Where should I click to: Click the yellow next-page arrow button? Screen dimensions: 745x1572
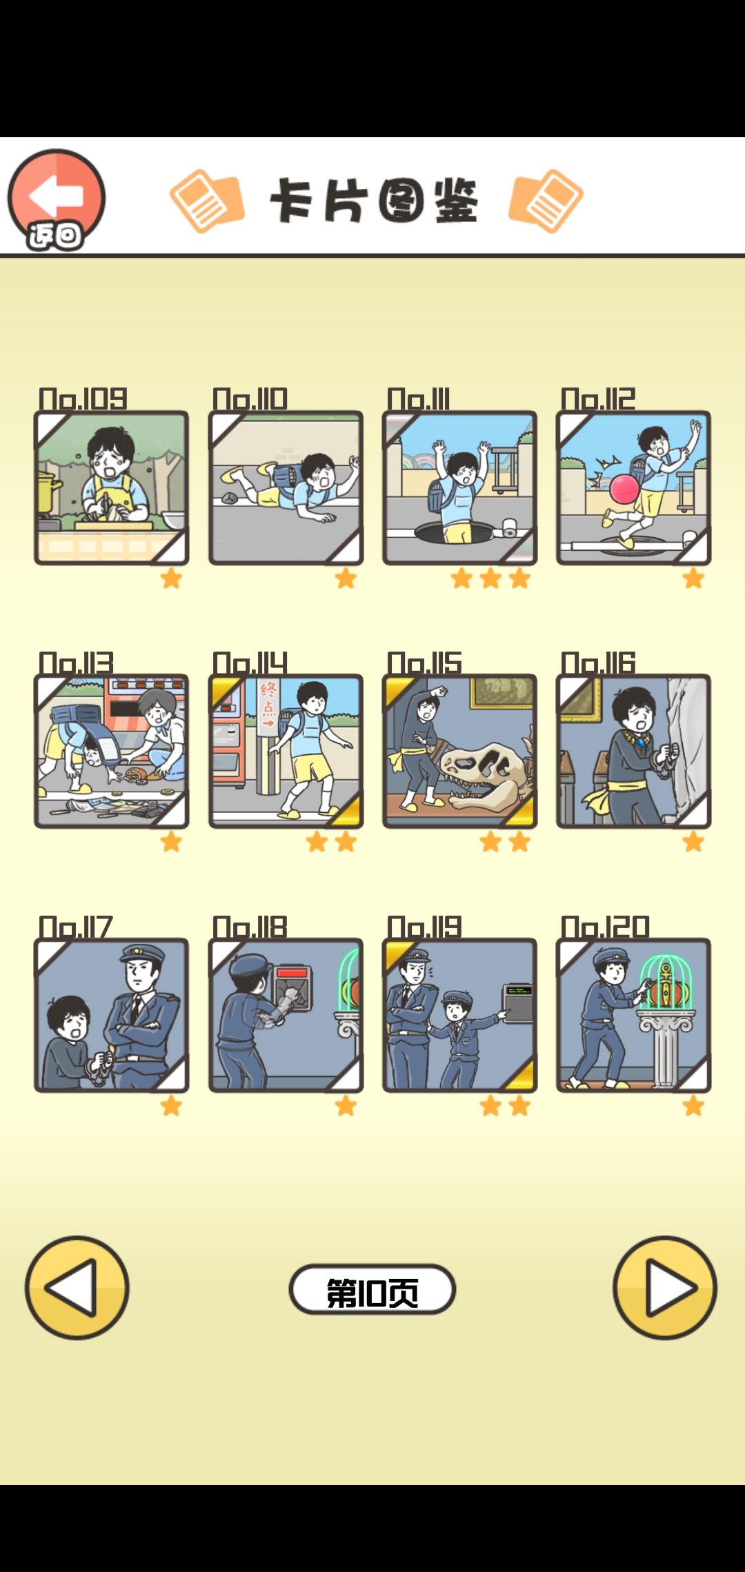coord(665,1288)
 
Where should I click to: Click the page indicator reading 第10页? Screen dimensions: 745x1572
coord(372,1289)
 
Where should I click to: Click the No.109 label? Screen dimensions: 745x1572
coord(83,399)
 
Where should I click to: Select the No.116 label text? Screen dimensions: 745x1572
coord(598,663)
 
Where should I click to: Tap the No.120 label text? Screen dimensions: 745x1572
coord(605,927)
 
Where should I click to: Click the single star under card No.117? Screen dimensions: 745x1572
coord(171,1106)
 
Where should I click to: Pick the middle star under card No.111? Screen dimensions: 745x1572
coord(490,578)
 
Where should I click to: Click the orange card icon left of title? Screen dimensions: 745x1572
coord(207,201)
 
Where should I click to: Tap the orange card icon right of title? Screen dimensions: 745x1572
coord(546,201)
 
